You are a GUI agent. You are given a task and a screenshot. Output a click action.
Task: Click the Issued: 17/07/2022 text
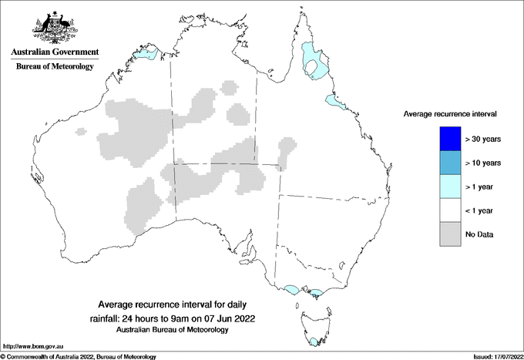click(x=496, y=356)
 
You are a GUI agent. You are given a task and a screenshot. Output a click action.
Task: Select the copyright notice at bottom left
click(x=78, y=356)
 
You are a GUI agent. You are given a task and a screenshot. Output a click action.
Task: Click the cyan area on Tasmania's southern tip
click(x=313, y=342)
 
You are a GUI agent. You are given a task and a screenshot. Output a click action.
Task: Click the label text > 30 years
click(x=484, y=139)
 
